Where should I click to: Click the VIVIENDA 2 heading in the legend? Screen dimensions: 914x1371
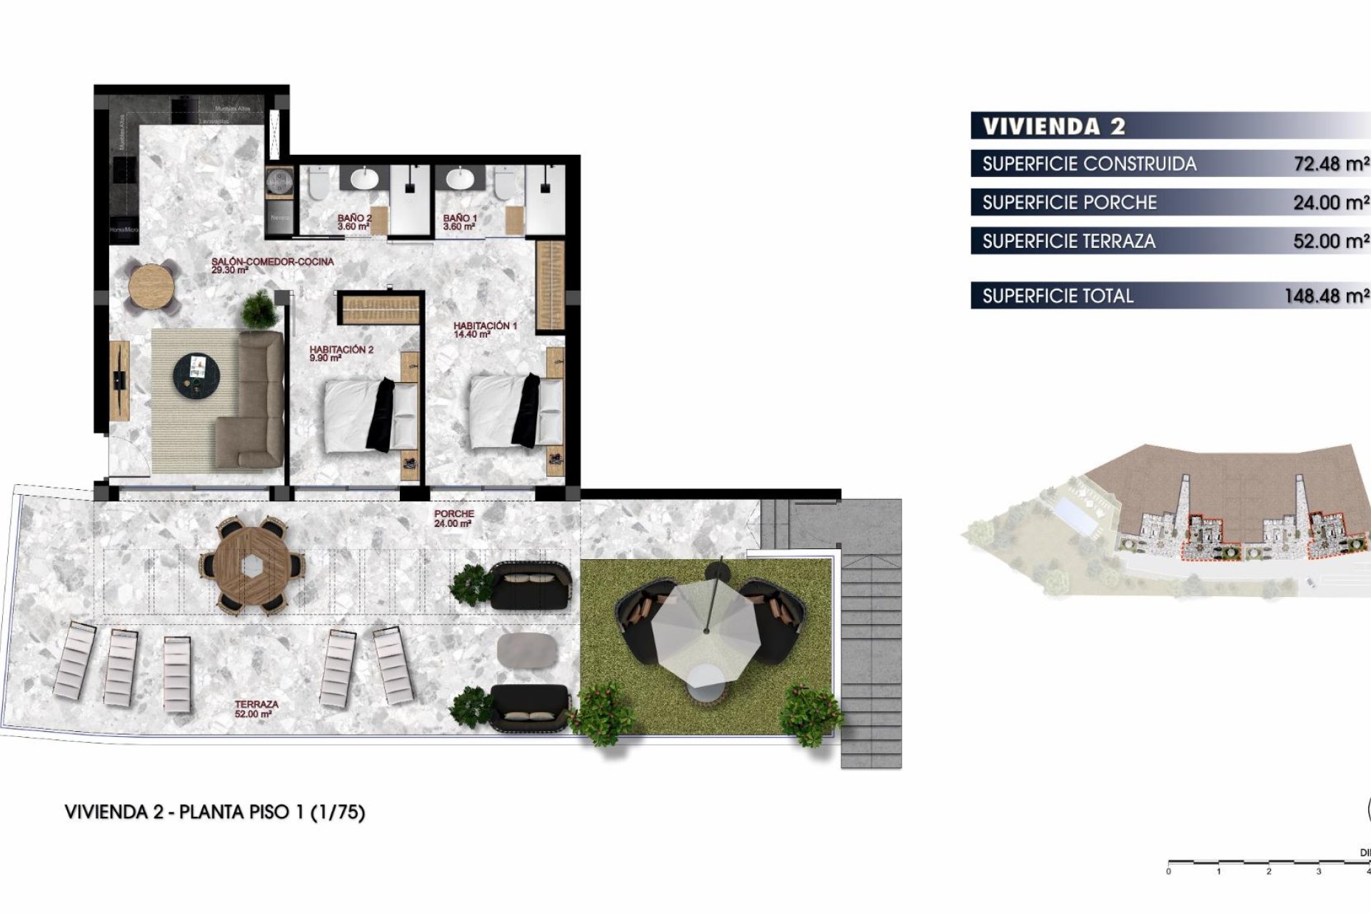point(1054,126)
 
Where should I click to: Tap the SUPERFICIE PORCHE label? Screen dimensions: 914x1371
point(1069,203)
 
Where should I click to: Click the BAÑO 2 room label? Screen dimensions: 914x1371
point(354,222)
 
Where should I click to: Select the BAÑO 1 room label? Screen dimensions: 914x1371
point(459,222)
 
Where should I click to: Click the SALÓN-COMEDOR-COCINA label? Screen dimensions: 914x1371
point(272,266)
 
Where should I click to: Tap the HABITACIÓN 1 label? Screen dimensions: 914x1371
point(485,329)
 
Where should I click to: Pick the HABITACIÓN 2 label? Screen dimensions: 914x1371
point(341,353)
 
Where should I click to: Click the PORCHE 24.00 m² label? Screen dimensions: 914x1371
point(454,518)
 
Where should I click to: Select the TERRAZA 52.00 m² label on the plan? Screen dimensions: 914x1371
point(256,708)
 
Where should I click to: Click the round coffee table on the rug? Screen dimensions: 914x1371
point(196,372)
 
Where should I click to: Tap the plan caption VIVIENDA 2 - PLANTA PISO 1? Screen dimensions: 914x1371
point(215,812)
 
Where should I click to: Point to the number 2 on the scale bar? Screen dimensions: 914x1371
point(1269,871)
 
